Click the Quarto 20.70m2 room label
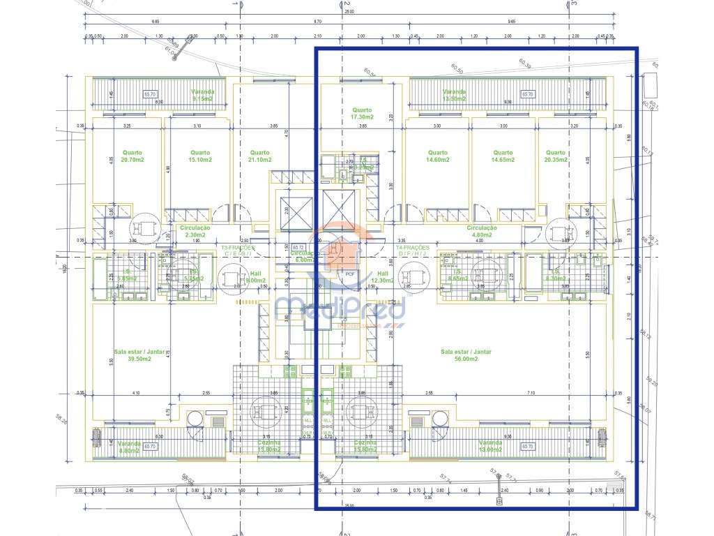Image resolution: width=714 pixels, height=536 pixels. pos(133,156)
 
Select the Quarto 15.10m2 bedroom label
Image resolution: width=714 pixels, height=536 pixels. pos(200,156)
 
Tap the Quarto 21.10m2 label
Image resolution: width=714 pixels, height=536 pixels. pos(260,156)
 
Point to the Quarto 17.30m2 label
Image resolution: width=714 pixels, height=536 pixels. pos(362,114)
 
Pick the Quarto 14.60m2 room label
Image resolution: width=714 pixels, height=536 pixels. pos(437,156)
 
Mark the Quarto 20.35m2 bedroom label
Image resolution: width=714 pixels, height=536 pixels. pos(556,156)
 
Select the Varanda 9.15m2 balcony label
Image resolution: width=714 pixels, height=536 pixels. pos(203,95)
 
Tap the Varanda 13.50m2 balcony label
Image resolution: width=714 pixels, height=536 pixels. pos(454,95)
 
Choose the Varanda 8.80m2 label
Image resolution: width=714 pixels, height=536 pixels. pos(129,447)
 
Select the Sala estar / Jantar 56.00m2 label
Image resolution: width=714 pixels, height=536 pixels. pos(467,355)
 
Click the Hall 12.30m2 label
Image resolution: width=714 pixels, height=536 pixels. pos(383,277)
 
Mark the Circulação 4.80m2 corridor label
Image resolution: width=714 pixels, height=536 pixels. pos(482,231)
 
